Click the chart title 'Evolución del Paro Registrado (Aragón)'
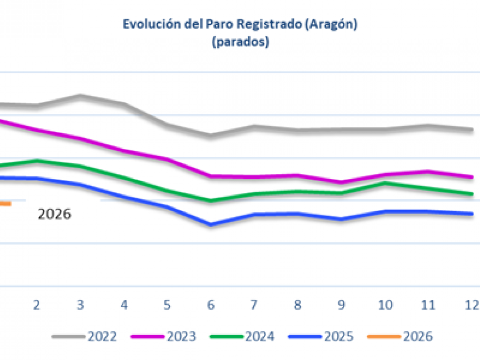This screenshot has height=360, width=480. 240,25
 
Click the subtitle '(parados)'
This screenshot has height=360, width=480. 240,42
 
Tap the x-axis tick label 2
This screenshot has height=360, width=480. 36,305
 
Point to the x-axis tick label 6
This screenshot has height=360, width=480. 211,305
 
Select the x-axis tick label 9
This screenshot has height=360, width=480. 341,305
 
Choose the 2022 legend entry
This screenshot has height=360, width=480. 85,336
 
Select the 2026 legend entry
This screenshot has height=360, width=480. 400,336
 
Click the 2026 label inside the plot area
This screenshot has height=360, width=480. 54,214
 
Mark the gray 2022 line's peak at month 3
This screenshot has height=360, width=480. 80,95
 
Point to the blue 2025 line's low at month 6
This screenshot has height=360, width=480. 210,225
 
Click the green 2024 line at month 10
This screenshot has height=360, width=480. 385,183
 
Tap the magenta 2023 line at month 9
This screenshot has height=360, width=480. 341,183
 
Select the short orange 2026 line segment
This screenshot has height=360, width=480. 5,204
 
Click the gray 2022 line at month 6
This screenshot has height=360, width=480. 210,135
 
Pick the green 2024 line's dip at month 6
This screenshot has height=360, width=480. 210,200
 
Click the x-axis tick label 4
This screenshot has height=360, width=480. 124,305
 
